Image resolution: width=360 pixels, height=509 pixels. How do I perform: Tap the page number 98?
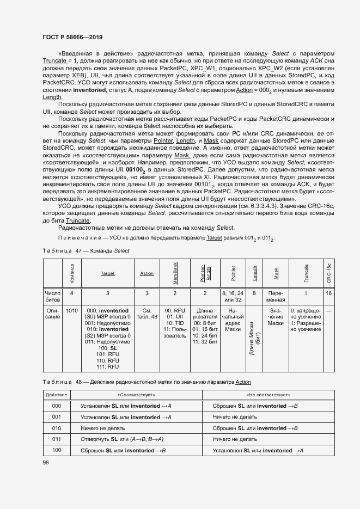(45, 462)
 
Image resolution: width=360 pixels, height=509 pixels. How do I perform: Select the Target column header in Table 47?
(107, 273)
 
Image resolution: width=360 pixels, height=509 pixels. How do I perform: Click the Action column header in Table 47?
(147, 273)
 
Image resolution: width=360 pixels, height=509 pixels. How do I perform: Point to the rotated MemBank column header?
(175, 273)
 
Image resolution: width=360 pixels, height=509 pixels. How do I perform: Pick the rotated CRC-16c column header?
(328, 273)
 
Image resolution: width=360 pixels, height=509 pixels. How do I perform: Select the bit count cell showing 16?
(328, 293)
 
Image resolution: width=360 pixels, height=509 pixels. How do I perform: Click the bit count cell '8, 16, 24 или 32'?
(233, 296)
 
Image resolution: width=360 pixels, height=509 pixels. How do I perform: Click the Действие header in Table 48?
(56, 394)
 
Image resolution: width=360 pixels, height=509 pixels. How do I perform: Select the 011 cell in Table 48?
(56, 438)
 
